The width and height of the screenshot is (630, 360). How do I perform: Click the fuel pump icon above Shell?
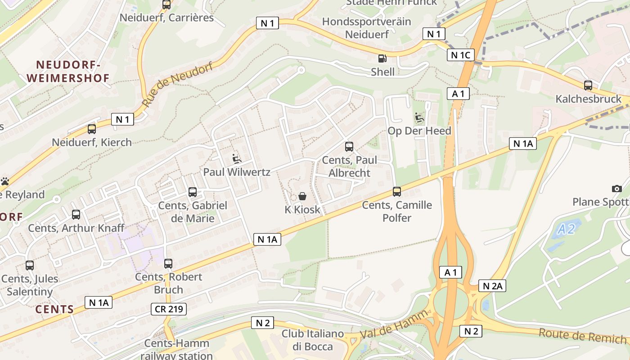(x=382, y=58)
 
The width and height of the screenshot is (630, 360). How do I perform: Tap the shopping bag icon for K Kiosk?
(x=302, y=196)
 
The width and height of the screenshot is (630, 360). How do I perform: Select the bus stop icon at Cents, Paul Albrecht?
(x=349, y=146)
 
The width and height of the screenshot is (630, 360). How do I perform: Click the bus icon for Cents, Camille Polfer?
(x=396, y=192)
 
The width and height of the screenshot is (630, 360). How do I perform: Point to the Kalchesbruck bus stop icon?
(x=588, y=85)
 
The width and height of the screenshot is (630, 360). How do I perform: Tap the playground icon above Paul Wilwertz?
(x=236, y=158)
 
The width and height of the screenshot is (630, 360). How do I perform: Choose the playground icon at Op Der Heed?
(x=419, y=118)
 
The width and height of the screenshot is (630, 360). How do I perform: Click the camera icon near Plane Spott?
(x=616, y=189)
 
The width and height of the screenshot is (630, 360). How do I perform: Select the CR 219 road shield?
(x=168, y=309)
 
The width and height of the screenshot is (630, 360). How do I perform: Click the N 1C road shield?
(x=460, y=55)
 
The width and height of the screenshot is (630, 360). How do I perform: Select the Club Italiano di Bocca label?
(x=312, y=340)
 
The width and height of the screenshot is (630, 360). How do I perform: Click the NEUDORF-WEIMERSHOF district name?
(x=68, y=72)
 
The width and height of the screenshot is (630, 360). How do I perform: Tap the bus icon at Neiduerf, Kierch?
(x=92, y=129)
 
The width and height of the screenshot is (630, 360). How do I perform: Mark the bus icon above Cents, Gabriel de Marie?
(x=193, y=192)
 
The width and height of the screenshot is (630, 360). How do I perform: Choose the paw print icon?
(x=5, y=182)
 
